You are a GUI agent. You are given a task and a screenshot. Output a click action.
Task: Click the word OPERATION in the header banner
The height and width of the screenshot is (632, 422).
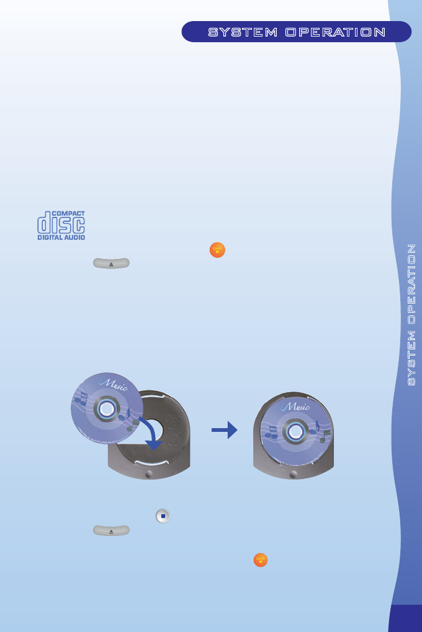click(x=335, y=32)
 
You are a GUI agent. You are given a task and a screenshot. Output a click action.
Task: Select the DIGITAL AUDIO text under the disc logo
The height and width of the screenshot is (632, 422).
click(x=61, y=237)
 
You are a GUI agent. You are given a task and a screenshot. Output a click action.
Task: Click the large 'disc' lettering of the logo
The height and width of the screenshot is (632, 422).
click(x=61, y=224)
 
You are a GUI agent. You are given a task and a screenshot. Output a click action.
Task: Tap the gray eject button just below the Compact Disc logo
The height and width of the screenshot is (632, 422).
click(x=111, y=263)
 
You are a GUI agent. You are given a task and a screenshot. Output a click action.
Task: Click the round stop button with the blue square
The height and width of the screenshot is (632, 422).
click(x=163, y=516)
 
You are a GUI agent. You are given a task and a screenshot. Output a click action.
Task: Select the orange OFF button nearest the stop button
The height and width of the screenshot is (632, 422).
click(x=261, y=560)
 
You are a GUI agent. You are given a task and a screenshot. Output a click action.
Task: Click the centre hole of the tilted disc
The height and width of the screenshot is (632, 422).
click(x=107, y=408)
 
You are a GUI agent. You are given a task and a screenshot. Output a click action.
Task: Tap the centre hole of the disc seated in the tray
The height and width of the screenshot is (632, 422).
click(x=296, y=431)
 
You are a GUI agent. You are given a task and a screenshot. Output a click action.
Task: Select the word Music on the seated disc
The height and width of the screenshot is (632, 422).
click(x=299, y=407)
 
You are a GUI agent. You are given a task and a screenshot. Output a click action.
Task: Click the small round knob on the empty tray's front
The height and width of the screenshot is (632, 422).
click(x=147, y=474)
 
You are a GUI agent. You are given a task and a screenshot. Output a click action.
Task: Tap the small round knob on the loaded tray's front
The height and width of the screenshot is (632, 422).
click(x=293, y=474)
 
